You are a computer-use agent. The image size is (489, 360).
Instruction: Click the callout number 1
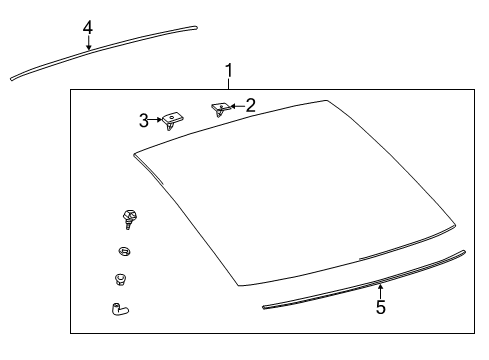coord(229,70)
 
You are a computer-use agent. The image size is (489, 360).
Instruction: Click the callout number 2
coord(250,104)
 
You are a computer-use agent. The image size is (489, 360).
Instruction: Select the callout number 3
coord(144,121)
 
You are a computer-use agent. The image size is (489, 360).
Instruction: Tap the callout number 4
coord(88,27)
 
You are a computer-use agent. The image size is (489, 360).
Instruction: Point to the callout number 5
coord(380,308)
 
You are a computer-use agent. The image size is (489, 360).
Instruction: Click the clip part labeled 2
coord(219,108)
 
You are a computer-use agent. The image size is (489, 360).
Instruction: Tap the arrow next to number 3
coord(157,121)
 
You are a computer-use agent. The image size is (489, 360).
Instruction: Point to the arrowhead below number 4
coord(88,48)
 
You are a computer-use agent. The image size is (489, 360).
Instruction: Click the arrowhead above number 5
coord(380,287)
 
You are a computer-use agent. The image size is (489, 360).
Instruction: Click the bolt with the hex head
coord(128,218)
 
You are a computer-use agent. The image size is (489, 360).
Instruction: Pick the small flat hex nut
coord(123,251)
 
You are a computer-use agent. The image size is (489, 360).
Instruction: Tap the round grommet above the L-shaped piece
coord(120,279)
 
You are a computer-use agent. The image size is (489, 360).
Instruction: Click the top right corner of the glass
coord(326,101)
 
